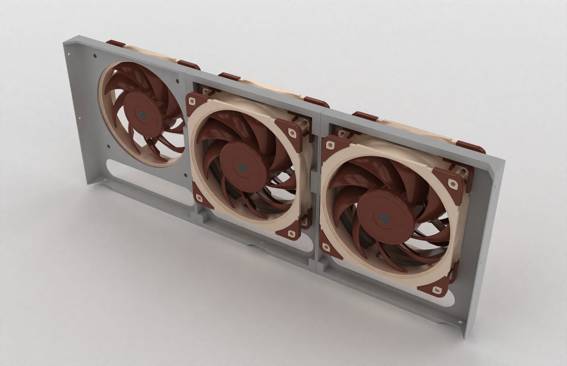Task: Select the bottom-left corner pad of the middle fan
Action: pyautogui.click(x=199, y=197)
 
